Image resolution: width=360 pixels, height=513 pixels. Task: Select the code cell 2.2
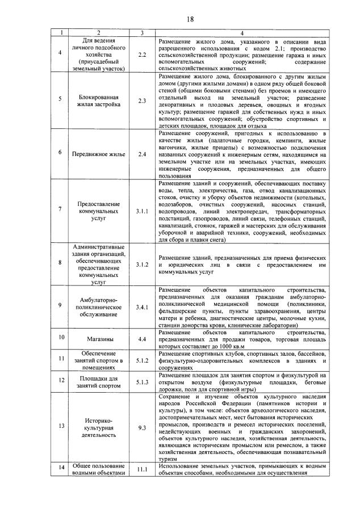pyautogui.click(x=142, y=54)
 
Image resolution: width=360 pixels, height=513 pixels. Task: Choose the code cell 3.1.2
pyautogui.click(x=142, y=264)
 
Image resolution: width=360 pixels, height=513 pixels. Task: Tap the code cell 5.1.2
pyautogui.click(x=142, y=360)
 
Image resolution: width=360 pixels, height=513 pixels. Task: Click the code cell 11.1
pyautogui.click(x=142, y=469)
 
